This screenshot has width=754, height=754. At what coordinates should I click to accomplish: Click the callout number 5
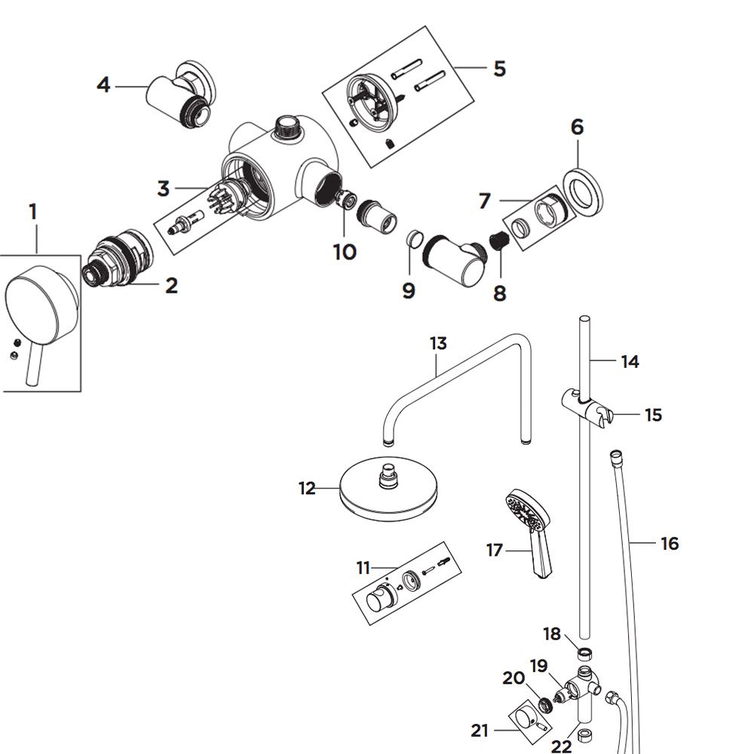500,69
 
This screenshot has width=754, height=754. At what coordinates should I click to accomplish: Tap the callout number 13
438,343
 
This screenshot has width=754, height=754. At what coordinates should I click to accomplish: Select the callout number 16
670,544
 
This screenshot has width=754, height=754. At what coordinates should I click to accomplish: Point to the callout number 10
345,252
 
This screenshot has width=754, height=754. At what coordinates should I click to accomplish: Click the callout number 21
480,731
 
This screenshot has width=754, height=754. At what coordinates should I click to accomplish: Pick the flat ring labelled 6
583,192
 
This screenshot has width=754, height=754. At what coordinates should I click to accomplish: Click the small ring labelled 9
414,238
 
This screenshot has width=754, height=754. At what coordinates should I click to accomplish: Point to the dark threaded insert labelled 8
498,238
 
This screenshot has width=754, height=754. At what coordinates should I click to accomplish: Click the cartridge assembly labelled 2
118,257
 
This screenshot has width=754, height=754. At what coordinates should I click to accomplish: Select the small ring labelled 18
584,654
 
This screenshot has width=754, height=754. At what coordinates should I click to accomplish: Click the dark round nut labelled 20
545,704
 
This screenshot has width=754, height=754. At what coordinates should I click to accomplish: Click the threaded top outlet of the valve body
287,127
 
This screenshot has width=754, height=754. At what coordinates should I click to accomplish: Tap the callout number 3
164,188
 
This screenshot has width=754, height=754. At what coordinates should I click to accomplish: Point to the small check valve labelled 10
347,199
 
